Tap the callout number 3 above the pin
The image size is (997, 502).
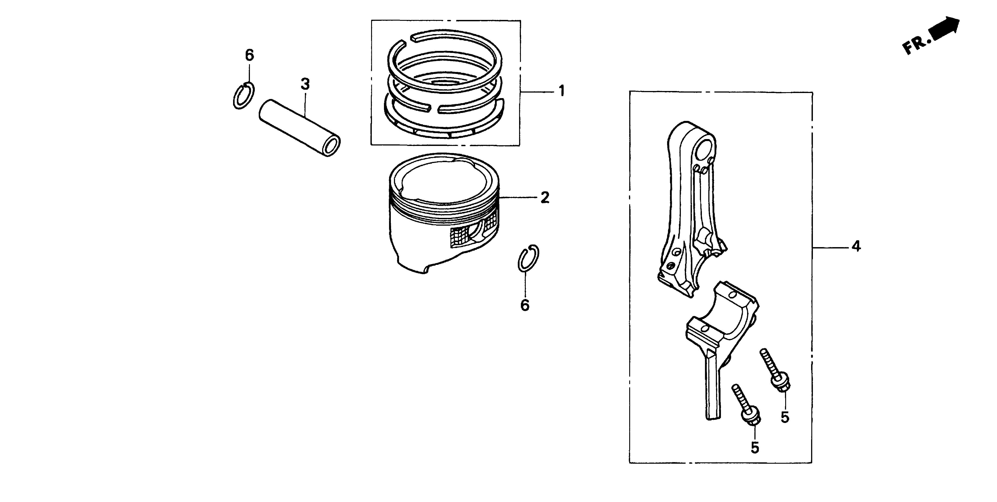pyautogui.click(x=305, y=84)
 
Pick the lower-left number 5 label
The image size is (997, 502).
pyautogui.click(x=755, y=448)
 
